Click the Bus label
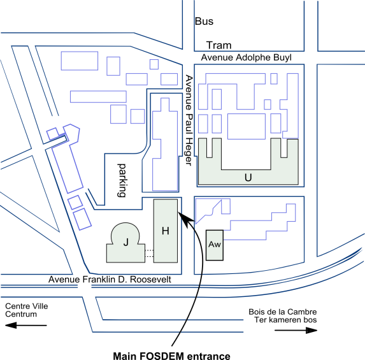(204, 21)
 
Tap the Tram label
(219, 45)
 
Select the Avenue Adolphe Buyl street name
(247, 57)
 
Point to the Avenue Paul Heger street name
(189, 120)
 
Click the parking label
(122, 180)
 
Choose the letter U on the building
(248, 178)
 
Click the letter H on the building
(165, 231)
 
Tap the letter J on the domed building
(125, 242)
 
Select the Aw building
(215, 245)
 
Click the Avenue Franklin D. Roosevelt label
(110, 279)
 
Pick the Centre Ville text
(27, 306)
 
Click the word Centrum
(21, 314)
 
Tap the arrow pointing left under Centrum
(26, 325)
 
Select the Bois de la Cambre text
(283, 312)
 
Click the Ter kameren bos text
(285, 320)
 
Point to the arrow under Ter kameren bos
(296, 330)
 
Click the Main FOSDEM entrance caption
(171, 356)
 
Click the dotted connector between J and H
(149, 254)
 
